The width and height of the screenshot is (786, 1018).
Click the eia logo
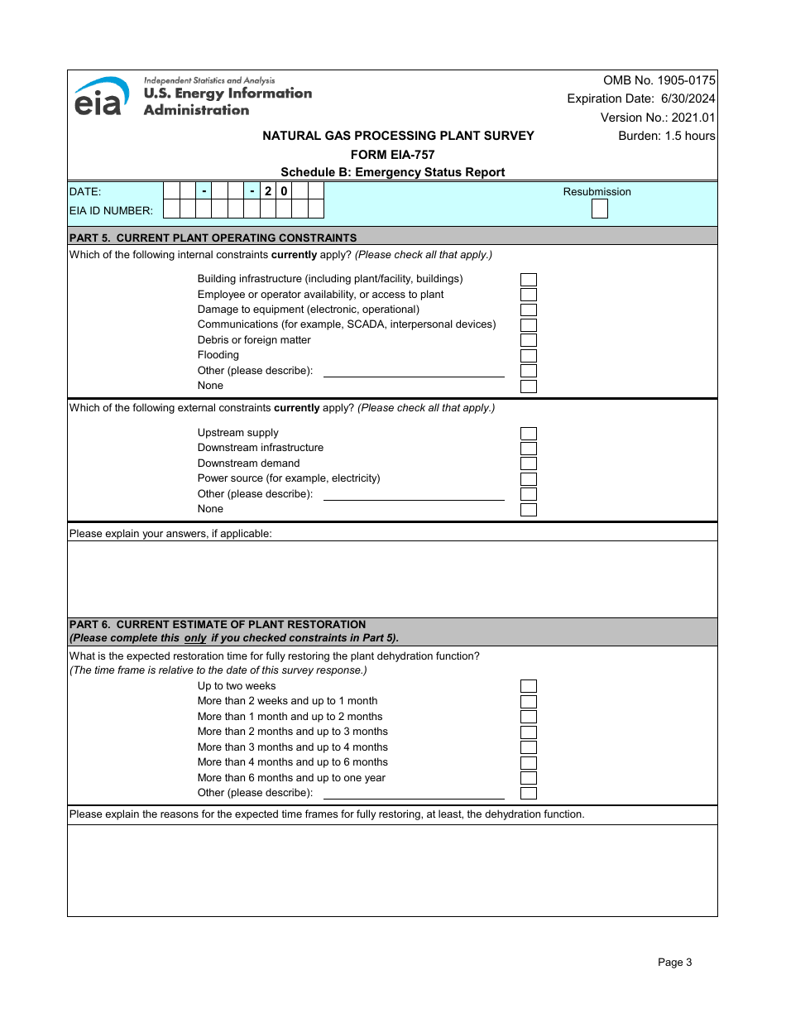point(101,97)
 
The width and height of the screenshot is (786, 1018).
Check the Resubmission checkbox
point(599,209)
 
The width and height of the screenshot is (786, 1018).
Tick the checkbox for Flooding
point(528,356)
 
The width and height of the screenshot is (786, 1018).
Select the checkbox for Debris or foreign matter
point(528,340)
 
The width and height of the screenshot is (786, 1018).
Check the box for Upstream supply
point(528,434)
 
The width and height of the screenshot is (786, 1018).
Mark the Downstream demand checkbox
point(528,463)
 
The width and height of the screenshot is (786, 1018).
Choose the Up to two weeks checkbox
point(528,686)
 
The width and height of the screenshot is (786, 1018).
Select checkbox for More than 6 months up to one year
point(528,778)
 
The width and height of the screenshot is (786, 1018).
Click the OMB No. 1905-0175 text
point(659,80)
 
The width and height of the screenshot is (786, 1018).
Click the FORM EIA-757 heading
point(392,155)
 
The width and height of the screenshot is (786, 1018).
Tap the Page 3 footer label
point(674,962)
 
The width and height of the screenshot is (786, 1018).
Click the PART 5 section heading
point(213,238)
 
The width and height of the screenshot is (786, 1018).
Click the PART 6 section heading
point(217,624)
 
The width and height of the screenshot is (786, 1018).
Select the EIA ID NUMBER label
point(111,211)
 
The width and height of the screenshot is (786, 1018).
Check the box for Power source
point(528,479)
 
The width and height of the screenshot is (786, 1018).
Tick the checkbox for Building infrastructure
point(528,280)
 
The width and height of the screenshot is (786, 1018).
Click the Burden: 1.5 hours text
point(666,136)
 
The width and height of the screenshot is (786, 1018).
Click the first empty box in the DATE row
point(171,190)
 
